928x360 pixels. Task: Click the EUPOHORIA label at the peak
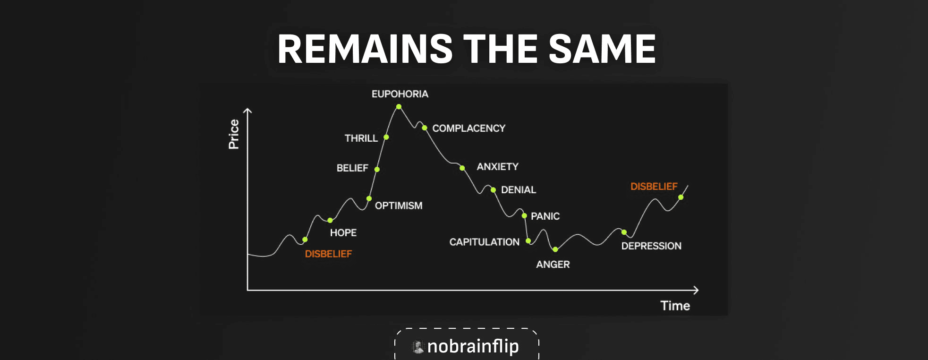(400, 94)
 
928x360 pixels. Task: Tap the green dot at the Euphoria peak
(399, 107)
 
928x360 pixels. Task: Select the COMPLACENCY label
(468, 129)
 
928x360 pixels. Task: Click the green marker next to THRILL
(386, 137)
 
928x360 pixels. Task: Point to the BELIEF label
(352, 168)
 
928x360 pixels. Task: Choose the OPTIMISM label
(399, 206)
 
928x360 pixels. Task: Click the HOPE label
(343, 232)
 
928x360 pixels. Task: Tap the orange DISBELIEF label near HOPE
(328, 254)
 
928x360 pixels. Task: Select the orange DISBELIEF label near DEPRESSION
(654, 187)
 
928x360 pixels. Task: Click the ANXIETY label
(497, 167)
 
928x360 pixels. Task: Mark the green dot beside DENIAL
(493, 190)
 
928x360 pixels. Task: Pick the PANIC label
(545, 216)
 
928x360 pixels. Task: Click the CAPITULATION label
(484, 242)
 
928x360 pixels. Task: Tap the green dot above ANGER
(555, 249)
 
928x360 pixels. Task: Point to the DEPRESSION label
(651, 246)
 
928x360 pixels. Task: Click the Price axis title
(234, 134)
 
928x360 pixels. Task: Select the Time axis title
(675, 306)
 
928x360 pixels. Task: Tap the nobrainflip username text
(473, 346)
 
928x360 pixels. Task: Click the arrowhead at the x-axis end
(696, 290)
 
